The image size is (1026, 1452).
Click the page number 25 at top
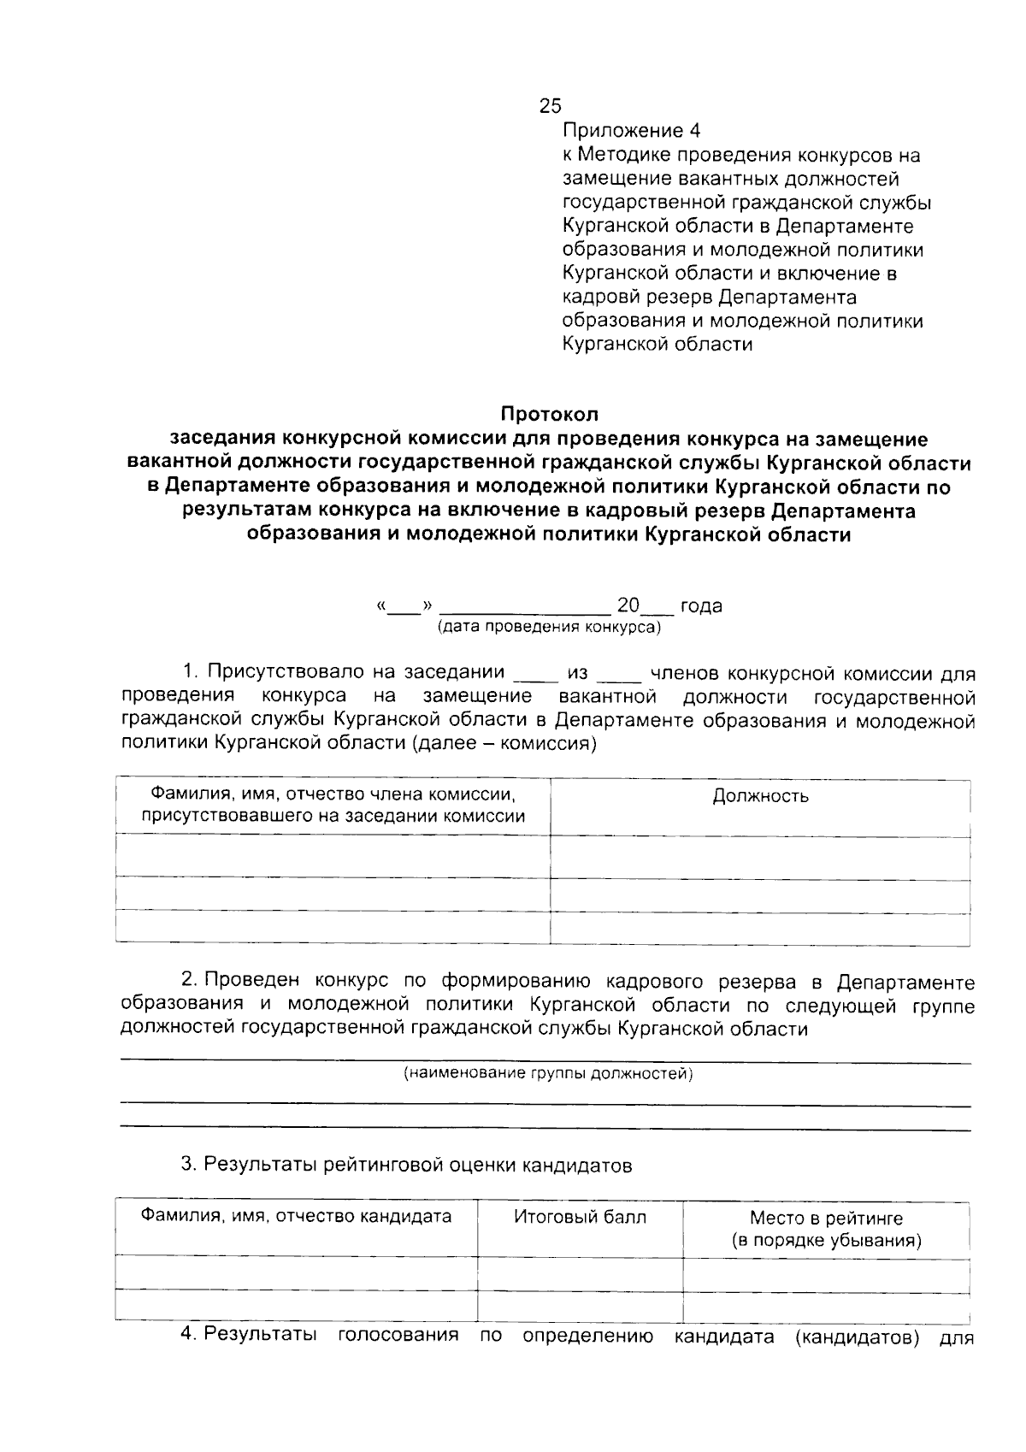pyautogui.click(x=550, y=106)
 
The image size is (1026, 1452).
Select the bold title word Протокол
pyautogui.click(x=549, y=415)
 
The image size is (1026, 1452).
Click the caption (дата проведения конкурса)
pyautogui.click(x=549, y=627)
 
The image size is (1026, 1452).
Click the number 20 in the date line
pyautogui.click(x=628, y=605)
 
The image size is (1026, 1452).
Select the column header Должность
pyautogui.click(x=760, y=796)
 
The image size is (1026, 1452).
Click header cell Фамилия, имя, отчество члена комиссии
pyautogui.click(x=333, y=805)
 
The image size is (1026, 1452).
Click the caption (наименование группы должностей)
pyautogui.click(x=548, y=1073)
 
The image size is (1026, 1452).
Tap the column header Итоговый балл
pyautogui.click(x=580, y=1217)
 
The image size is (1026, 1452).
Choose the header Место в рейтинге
pyautogui.click(x=826, y=1218)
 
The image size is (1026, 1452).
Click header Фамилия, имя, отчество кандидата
pyautogui.click(x=296, y=1216)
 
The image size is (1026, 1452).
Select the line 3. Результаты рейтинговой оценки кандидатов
pyautogui.click(x=406, y=1165)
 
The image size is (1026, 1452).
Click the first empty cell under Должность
pyautogui.click(x=760, y=857)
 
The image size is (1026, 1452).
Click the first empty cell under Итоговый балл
pyautogui.click(x=580, y=1274)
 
